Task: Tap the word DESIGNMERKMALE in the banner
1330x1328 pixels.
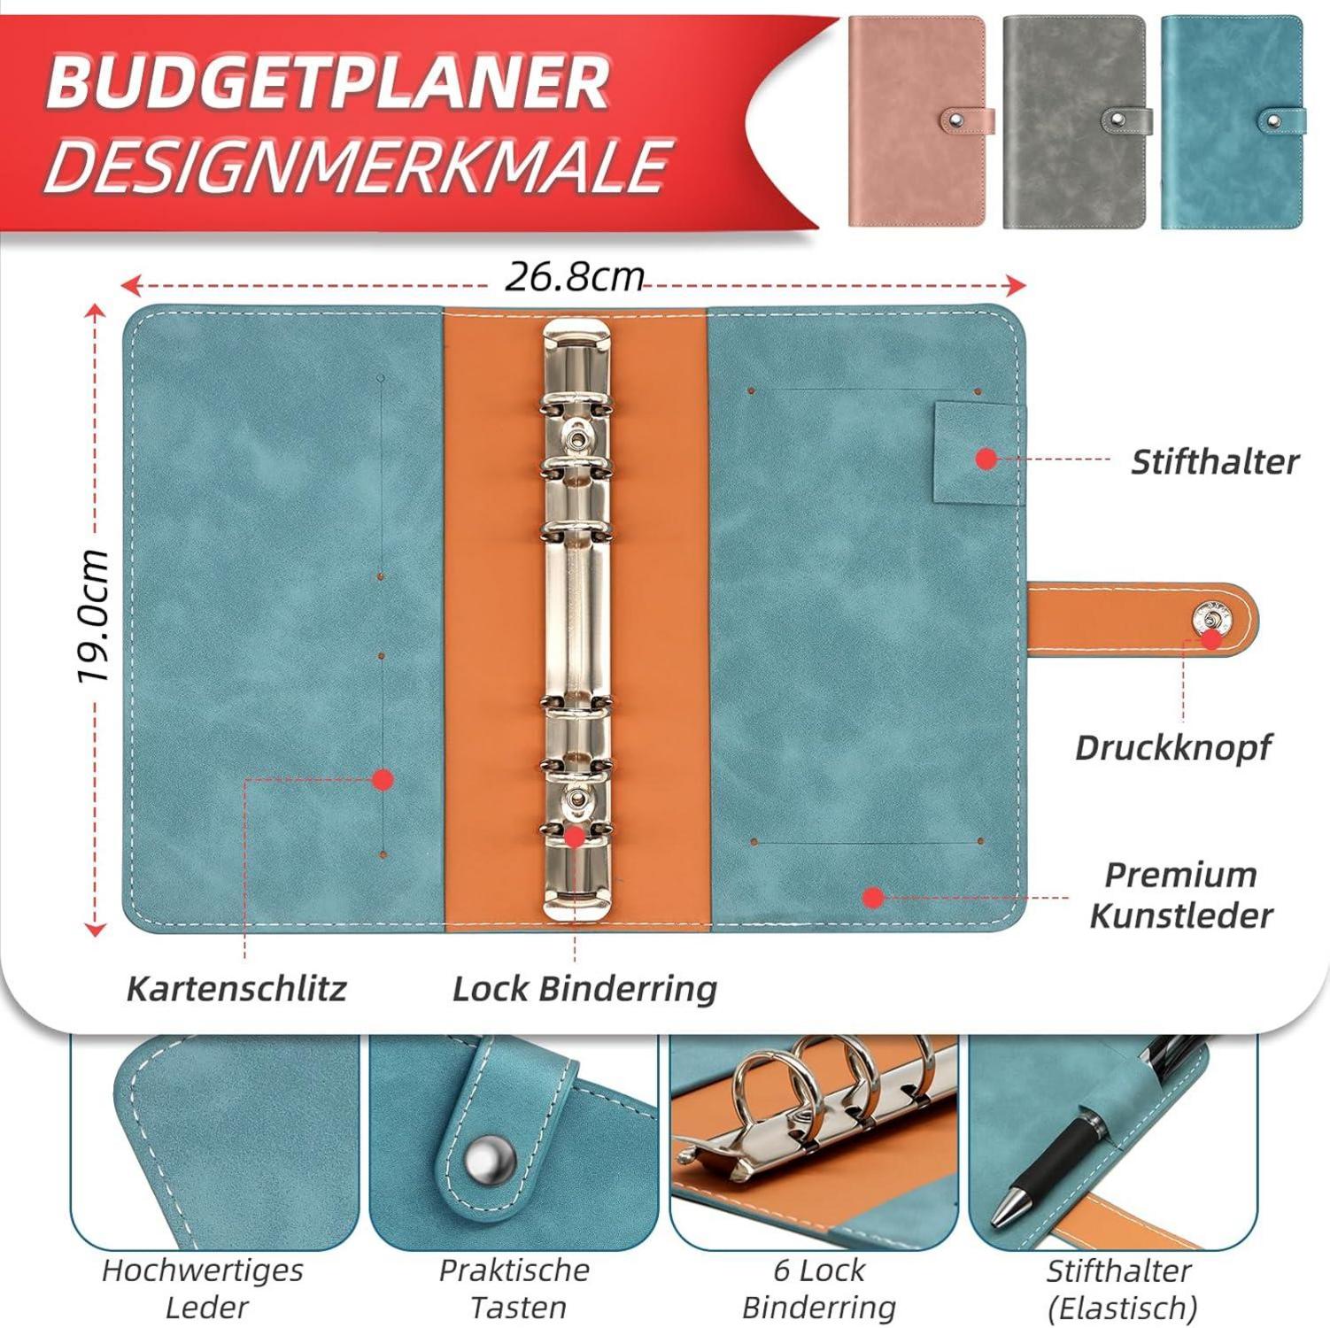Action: (355, 165)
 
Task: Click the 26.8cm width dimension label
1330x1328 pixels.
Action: (574, 277)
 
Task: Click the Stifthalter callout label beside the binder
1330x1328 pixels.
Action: (1215, 461)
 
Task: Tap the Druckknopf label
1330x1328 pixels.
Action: (1172, 748)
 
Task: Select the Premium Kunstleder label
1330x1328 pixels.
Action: (1181, 895)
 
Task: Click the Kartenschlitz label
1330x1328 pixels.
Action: (236, 988)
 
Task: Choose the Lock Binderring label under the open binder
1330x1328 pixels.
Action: (584, 989)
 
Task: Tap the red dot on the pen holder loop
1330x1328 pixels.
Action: (986, 459)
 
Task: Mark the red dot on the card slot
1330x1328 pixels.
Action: (383, 779)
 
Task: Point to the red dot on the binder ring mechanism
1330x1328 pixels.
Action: (575, 836)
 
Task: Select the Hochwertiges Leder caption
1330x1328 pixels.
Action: (203, 1288)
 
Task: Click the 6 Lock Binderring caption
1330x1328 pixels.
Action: (818, 1288)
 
